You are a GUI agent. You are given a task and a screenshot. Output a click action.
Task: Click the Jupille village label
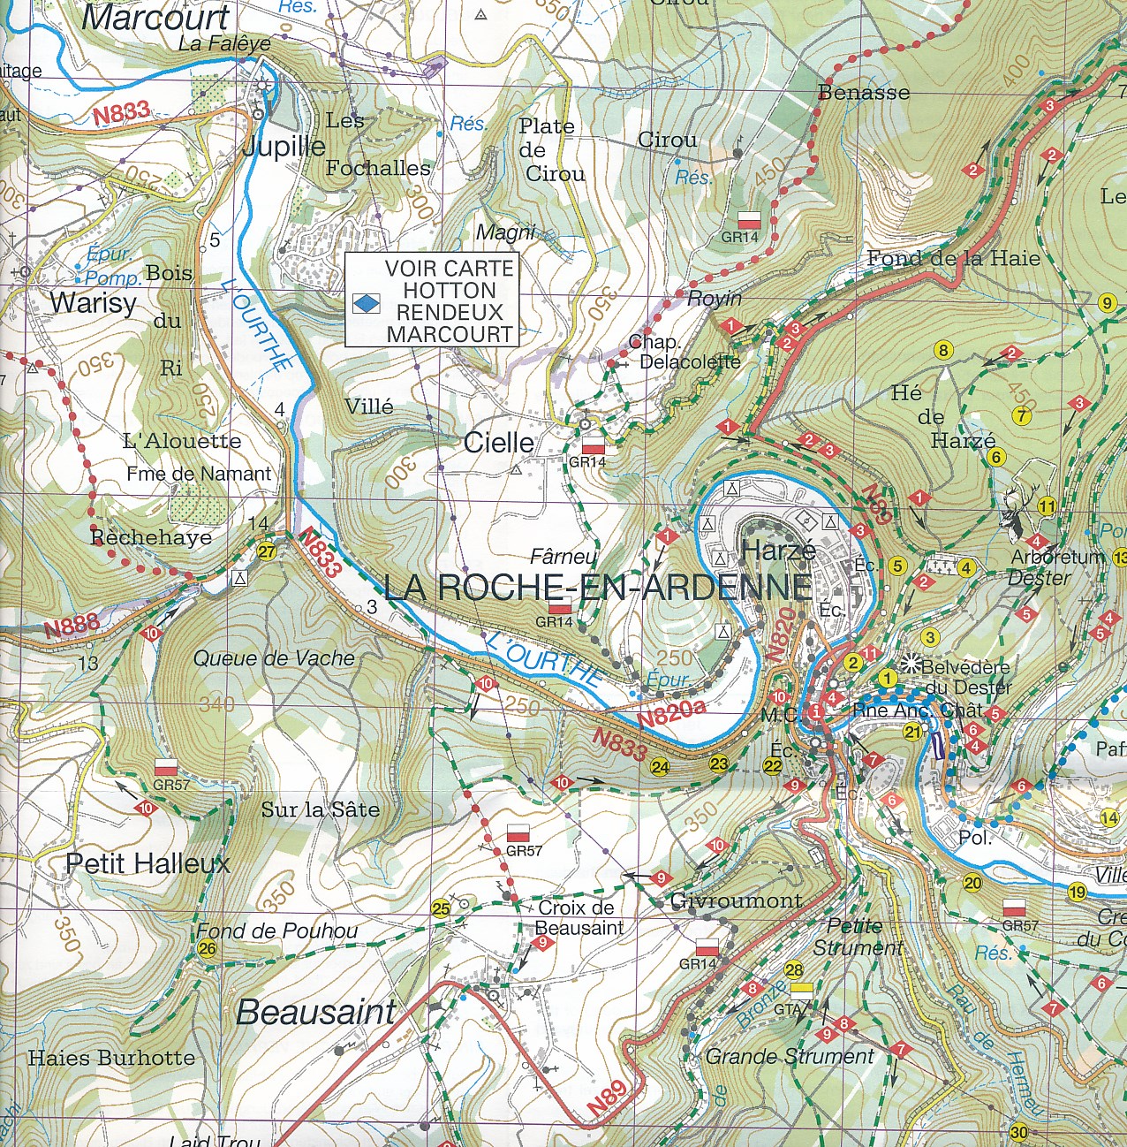[284, 146]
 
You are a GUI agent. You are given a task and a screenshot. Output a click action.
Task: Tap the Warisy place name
[93, 303]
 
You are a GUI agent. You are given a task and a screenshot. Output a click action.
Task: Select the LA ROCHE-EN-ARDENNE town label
[598, 588]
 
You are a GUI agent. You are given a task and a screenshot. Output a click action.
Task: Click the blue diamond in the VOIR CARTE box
[366, 304]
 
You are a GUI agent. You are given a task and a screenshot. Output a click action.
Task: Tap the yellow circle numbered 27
[266, 552]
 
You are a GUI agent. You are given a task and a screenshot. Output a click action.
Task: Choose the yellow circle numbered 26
[208, 949]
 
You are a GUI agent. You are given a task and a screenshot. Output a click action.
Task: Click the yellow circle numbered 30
[1018, 1133]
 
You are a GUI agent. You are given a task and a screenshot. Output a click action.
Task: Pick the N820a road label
[672, 713]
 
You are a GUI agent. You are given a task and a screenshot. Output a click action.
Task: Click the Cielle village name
[499, 443]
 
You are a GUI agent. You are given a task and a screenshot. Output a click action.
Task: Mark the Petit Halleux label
[147, 863]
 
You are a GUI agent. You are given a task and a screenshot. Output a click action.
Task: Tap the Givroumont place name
[736, 900]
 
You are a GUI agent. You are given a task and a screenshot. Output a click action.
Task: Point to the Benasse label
[863, 92]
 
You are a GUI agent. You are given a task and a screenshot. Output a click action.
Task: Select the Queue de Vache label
[274, 658]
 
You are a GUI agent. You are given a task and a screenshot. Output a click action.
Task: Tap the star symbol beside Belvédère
[911, 663]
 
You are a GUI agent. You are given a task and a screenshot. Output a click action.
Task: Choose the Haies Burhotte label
[111, 1058]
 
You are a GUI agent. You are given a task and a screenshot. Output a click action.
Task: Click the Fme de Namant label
[199, 474]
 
